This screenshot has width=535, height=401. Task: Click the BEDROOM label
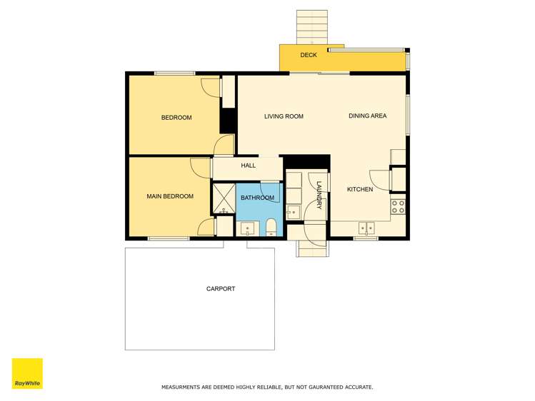(176, 118)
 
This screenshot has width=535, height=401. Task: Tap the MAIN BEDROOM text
(170, 196)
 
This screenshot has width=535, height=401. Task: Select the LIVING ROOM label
(284, 116)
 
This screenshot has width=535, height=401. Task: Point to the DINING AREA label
(367, 116)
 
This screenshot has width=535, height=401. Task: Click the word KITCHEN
(360, 189)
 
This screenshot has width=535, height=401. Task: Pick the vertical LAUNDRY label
(319, 194)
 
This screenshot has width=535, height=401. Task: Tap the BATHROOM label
(257, 198)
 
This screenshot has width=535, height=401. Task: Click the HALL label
(248, 166)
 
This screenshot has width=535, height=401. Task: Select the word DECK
(308, 55)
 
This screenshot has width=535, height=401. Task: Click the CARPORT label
(221, 289)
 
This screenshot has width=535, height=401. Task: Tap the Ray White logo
(27, 373)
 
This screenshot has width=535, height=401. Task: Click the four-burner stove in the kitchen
(399, 207)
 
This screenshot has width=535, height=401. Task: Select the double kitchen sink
(366, 228)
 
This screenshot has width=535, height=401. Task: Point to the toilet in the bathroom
(271, 228)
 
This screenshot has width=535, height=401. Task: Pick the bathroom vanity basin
(247, 228)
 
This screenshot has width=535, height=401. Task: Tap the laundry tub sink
(293, 212)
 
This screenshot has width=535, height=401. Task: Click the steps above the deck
(312, 27)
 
